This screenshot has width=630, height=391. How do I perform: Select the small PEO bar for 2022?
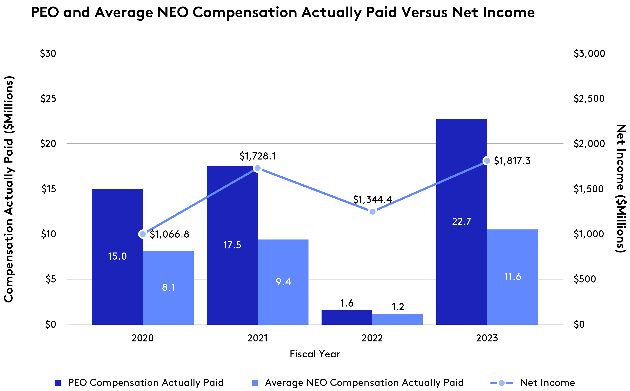point(347,317)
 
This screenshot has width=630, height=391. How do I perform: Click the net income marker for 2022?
point(372,212)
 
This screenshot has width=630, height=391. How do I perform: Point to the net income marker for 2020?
point(143,234)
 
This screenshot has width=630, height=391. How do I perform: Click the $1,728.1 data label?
point(258,156)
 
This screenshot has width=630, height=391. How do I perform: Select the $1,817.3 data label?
point(512,161)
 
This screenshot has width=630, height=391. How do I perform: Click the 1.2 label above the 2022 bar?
point(398,307)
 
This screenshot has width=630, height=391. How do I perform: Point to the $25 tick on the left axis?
point(48,99)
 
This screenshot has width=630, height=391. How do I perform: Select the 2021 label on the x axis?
point(257,338)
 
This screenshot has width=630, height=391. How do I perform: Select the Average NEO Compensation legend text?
point(364,382)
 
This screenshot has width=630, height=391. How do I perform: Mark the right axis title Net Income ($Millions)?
point(621,189)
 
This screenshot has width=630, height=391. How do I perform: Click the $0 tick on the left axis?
point(50,325)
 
